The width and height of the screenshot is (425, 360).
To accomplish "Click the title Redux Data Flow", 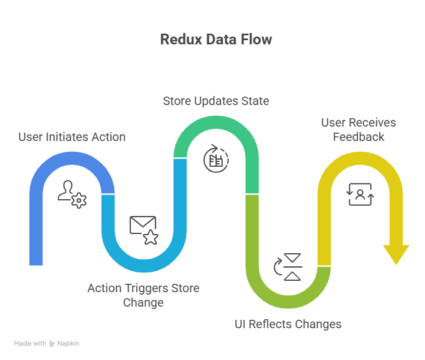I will pos(216,40).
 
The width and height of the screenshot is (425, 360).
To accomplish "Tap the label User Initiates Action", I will pos(72,137).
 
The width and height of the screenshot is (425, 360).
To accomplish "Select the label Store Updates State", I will pos(216,101).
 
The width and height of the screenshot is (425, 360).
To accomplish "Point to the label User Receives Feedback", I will pos(358,130).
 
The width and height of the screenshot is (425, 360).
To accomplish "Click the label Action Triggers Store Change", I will pos(143,295).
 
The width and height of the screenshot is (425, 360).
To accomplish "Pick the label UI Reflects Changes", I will pos(288,324).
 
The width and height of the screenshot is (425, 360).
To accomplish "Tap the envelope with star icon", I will pos(144,230).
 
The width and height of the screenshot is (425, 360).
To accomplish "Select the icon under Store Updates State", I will pos(216,158).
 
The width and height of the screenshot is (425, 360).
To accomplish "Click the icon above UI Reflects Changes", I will pos(288,267).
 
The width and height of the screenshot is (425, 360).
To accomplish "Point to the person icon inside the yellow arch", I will pos(360,194).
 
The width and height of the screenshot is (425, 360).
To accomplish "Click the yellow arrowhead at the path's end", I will pos(396,254).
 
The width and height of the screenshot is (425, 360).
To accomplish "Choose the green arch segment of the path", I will pos(216,129).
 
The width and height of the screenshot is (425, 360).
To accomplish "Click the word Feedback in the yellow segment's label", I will pos(359,137).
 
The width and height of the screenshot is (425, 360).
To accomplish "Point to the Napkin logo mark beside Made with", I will pos(52,344).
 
